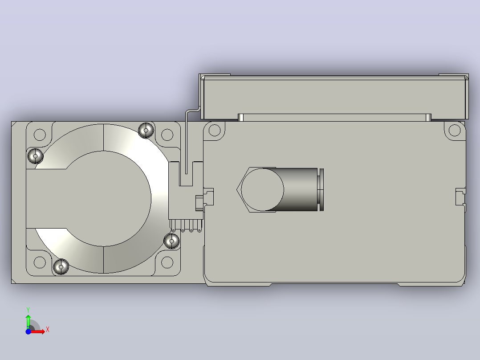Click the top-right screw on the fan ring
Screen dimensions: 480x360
pyautogui.click(x=146, y=131)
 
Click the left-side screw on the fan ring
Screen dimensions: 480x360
pyautogui.click(x=35, y=156)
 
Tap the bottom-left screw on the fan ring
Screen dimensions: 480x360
pyautogui.click(x=61, y=267)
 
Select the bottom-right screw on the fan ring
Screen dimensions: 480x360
pyautogui.click(x=172, y=241)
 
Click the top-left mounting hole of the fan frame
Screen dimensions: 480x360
pyautogui.click(x=40, y=135)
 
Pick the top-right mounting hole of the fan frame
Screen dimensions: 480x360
pyautogui.click(x=167, y=135)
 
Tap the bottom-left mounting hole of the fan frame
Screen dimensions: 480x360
pyautogui.click(x=40, y=262)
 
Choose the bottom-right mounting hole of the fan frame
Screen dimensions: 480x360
pyautogui.click(x=167, y=262)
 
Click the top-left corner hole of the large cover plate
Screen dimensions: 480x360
pyautogui.click(x=215, y=130)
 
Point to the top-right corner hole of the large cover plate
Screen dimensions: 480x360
pyautogui.click(x=455, y=130)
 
